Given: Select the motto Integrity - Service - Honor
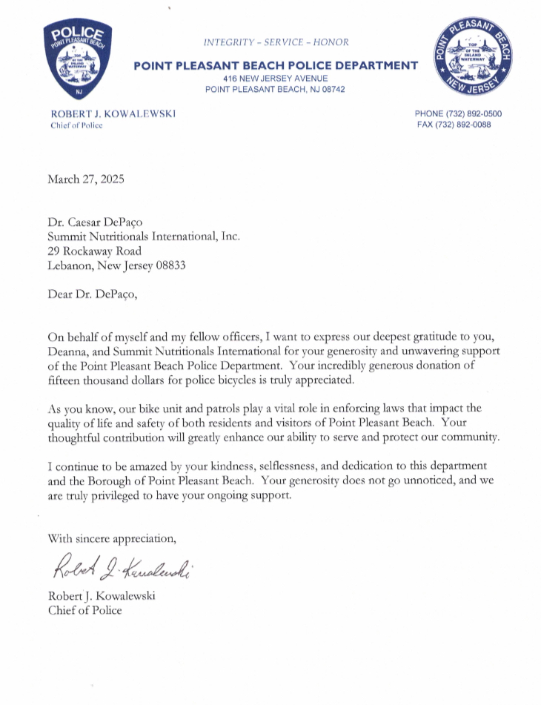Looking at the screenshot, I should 276,42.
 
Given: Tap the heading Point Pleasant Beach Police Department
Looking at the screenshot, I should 276,66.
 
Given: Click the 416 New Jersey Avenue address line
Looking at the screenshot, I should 276,78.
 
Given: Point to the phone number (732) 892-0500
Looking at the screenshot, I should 458,113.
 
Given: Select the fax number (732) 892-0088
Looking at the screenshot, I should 454,125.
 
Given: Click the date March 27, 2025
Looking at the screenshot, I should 86,179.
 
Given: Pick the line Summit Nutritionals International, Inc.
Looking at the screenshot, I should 144,236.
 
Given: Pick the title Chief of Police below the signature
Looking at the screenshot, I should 84,610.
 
